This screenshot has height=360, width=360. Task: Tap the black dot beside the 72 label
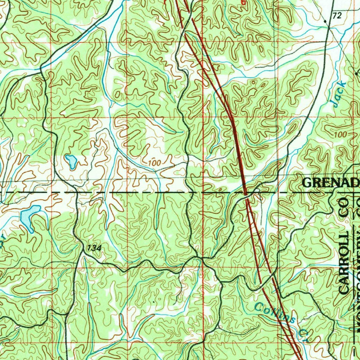[326, 21]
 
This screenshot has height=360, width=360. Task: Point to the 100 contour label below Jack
[340, 135]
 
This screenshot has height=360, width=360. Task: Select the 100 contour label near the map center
[154, 163]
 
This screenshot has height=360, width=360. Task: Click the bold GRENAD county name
[331, 182]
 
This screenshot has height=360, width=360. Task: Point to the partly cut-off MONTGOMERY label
[356, 267]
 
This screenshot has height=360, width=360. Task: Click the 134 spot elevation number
[94, 248]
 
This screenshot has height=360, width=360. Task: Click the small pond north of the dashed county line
[71, 161]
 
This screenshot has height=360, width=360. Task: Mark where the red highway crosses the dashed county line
[245, 193]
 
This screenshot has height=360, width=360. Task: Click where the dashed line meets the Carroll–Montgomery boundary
[353, 193]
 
